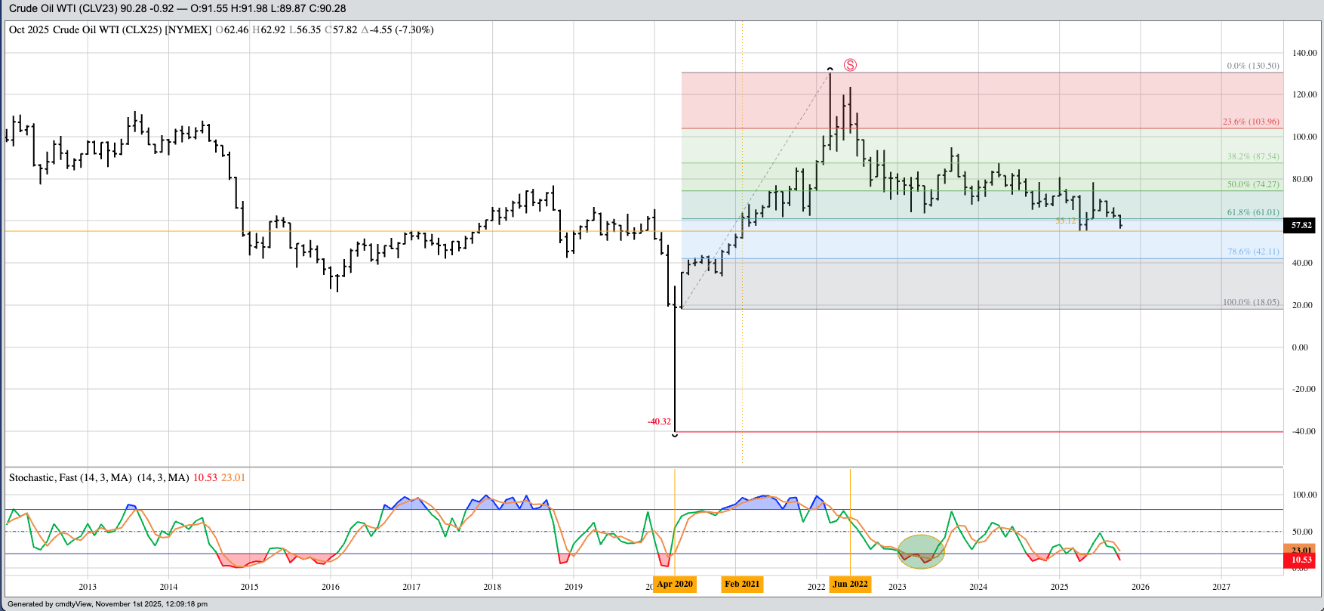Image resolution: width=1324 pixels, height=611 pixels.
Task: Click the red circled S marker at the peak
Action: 850,65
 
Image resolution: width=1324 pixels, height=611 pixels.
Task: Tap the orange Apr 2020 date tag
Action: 674,584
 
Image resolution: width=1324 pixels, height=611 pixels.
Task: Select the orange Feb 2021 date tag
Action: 742,584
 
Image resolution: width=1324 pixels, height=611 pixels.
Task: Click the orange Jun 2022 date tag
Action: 850,584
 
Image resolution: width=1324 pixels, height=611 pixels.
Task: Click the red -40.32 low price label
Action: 659,421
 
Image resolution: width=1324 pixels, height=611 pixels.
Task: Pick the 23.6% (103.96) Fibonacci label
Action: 1251,122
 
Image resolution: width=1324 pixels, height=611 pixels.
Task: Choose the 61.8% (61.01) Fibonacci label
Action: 1253,212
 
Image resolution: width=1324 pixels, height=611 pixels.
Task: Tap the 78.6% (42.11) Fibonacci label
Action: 1253,251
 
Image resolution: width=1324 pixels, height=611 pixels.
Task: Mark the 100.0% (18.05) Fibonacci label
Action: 1251,302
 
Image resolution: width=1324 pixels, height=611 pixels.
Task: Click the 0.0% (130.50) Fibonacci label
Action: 1253,66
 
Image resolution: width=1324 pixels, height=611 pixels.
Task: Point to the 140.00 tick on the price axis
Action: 1304,53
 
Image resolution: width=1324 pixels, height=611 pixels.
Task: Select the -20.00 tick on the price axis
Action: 1304,389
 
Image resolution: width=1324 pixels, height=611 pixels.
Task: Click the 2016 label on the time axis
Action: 331,587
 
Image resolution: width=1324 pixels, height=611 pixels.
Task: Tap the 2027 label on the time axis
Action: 1221,587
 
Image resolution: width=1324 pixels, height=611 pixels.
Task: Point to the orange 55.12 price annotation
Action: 1065,221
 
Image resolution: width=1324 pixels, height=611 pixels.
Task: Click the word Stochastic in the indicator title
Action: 32,477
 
